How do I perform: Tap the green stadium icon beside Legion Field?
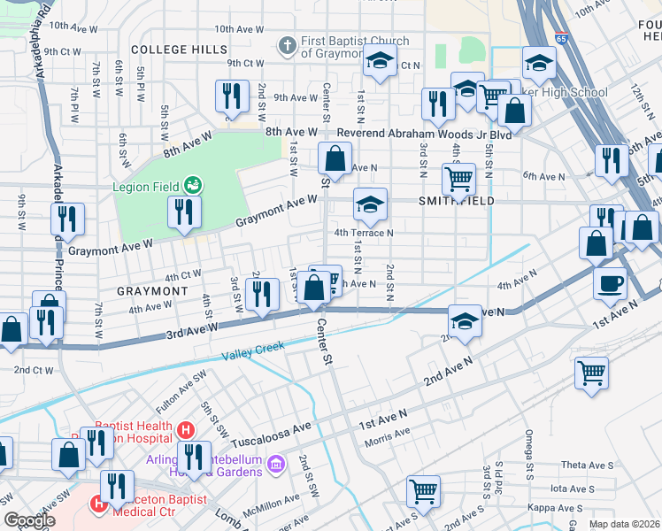point(193,186)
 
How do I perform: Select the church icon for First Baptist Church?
point(286,44)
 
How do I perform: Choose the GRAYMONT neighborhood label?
point(151,290)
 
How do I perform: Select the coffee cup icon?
point(611,285)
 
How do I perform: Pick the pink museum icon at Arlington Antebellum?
point(275,463)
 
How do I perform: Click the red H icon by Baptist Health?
point(185,431)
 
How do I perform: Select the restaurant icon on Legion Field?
point(184,212)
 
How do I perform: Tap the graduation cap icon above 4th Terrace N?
point(371,205)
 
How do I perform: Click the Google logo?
point(28,520)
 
